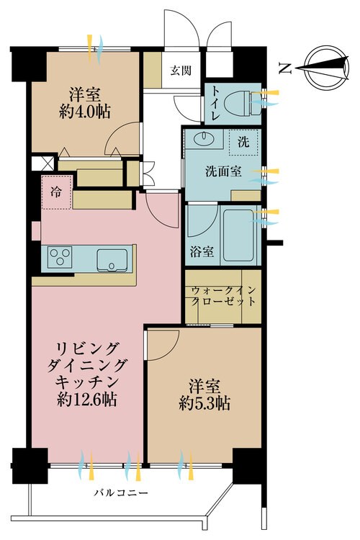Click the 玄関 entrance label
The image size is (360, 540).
click(x=181, y=71)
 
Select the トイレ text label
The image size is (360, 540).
click(x=215, y=103)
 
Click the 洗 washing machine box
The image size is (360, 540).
click(x=243, y=143)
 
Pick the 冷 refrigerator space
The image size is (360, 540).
click(x=56, y=192)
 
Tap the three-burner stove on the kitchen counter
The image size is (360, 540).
click(x=60, y=257)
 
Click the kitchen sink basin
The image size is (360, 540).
click(x=112, y=260)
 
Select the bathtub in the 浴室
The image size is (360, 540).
click(x=240, y=235)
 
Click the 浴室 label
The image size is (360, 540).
click(x=202, y=251)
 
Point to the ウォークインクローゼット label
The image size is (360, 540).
click(x=223, y=296)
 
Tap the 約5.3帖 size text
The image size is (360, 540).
click(x=204, y=403)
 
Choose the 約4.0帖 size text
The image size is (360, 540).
click(x=85, y=112)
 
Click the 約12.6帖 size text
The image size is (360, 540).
click(x=87, y=400)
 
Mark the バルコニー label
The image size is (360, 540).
click(x=121, y=492)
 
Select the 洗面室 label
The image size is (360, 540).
click(x=223, y=171)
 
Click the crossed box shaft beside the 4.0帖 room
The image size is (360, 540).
click(x=43, y=163)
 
